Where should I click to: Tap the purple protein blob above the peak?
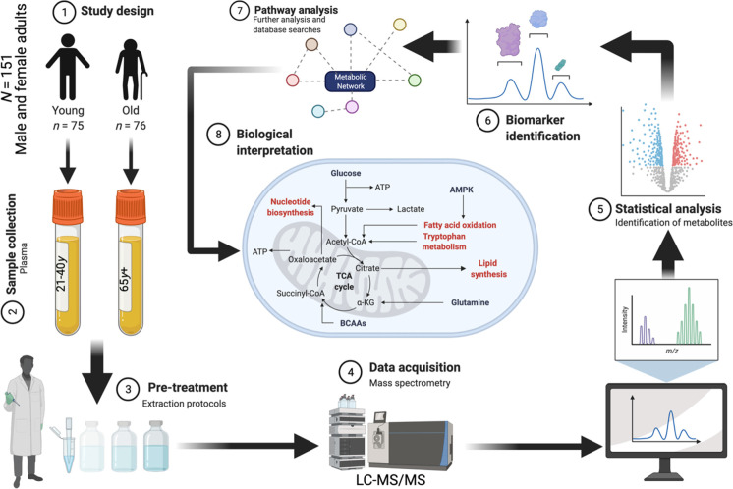(509, 40)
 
